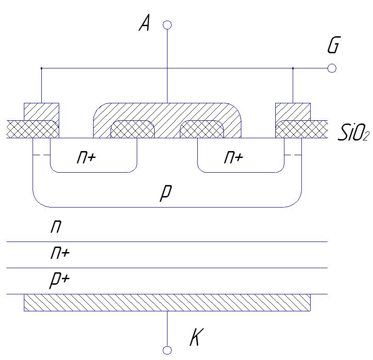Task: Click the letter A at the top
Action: point(145,22)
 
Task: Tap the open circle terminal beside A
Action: point(167,25)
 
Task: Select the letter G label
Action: point(334,45)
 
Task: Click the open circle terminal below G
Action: point(332,68)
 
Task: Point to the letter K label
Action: point(196,337)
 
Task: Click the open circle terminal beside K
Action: point(167,350)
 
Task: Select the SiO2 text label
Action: point(353,133)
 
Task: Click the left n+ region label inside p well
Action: point(86,157)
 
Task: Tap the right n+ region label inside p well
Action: point(234,157)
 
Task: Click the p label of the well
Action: point(166,193)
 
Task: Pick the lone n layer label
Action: point(56,226)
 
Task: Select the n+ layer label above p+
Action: point(60,253)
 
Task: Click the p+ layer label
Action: point(60,280)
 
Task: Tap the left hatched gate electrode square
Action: point(42,112)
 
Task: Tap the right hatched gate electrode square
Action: point(293,112)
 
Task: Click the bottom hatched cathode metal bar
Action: point(167,303)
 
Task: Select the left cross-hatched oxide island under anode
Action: point(133,129)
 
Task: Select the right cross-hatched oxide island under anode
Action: point(202,129)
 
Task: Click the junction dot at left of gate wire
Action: point(41,68)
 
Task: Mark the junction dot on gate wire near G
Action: point(293,68)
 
